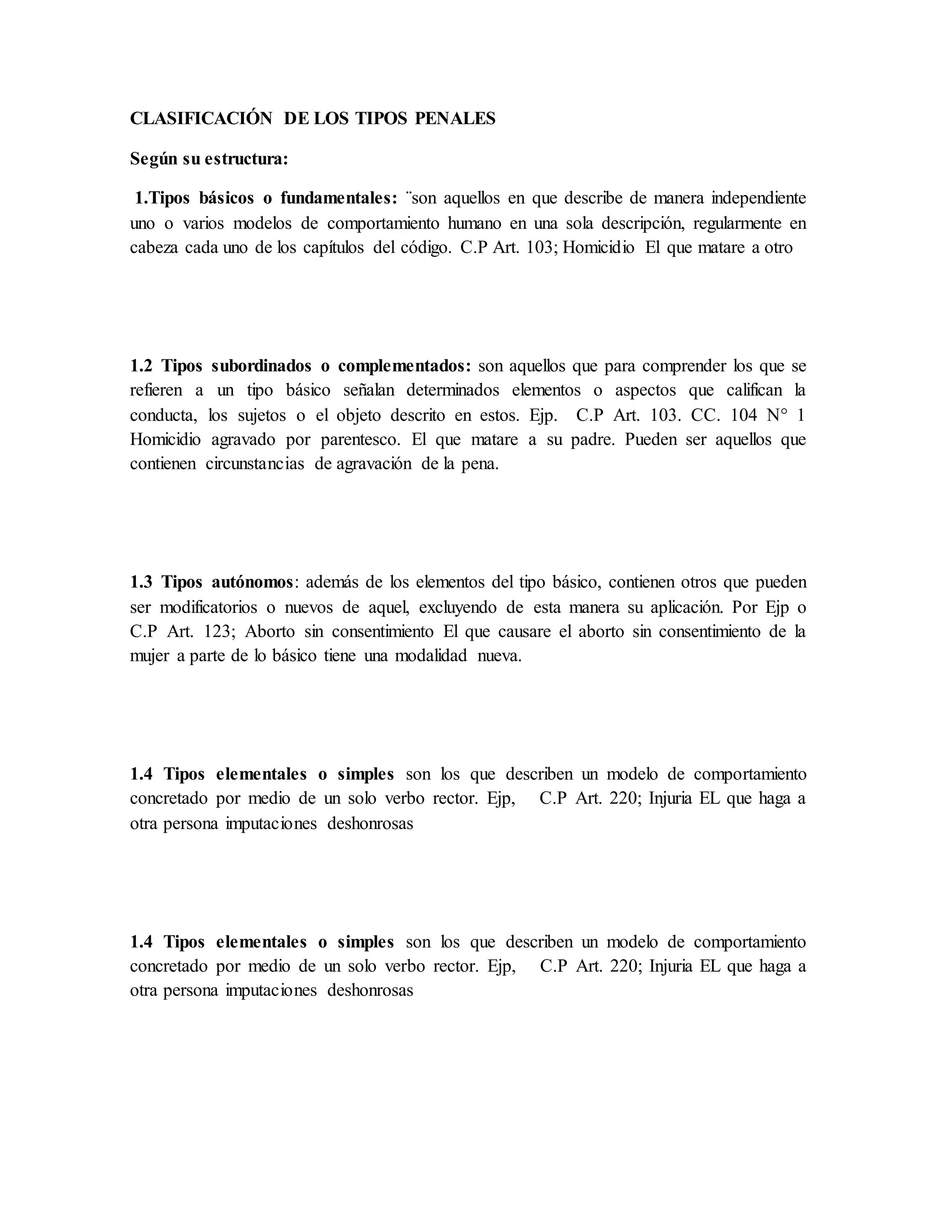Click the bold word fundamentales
point(339,198)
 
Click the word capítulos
point(334,248)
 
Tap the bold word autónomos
point(253,583)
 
